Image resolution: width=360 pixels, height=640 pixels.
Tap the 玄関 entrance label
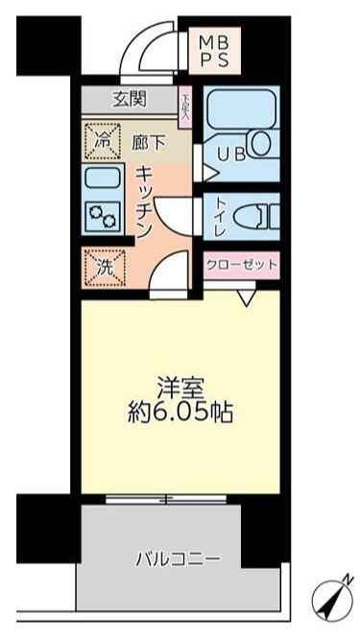(x=132, y=100)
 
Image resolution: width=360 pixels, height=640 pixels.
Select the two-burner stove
(x=101, y=215)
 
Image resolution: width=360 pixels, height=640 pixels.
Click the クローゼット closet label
(x=240, y=264)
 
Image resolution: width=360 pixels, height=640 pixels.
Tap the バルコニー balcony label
(x=178, y=557)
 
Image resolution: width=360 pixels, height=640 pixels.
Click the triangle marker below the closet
(x=247, y=298)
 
